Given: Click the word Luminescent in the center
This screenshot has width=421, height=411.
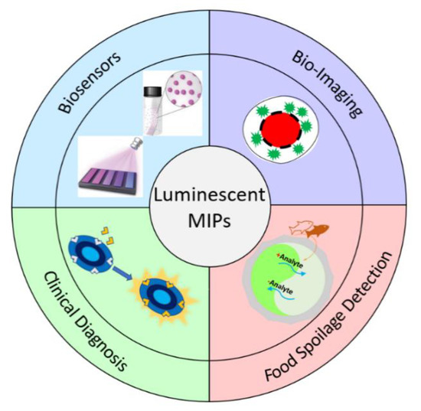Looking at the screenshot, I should click(210, 196).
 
